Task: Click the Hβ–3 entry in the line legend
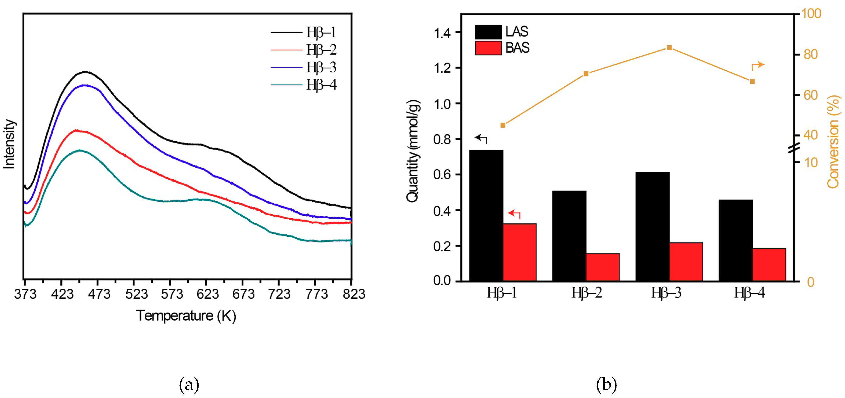(x=321, y=68)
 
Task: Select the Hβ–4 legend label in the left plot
(x=321, y=85)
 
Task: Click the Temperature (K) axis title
(x=186, y=316)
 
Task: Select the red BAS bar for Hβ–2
(x=602, y=267)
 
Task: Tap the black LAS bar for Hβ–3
(x=652, y=226)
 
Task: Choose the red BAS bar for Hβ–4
(x=769, y=264)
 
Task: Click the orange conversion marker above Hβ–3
(x=669, y=48)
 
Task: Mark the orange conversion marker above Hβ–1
(x=503, y=125)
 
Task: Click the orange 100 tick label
(x=811, y=14)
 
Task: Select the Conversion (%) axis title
(x=833, y=142)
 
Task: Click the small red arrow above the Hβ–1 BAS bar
(x=514, y=214)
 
